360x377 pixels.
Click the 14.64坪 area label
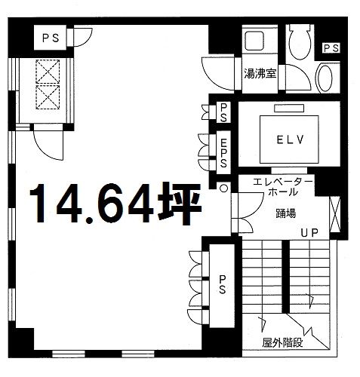click(115, 204)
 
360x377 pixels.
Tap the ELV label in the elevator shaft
click(290, 139)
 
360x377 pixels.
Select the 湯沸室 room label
click(260, 74)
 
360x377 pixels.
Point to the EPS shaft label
click(223, 153)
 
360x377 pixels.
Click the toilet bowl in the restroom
click(300, 41)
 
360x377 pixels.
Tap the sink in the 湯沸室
click(254, 41)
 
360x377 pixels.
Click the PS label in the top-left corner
click(51, 38)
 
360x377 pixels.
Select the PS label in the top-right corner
click(331, 48)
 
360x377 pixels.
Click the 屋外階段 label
click(282, 342)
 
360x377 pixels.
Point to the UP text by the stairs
click(309, 233)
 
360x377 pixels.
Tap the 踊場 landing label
click(286, 213)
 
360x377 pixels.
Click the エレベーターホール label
click(283, 187)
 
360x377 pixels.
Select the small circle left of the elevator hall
click(224, 188)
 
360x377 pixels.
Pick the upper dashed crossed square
click(48, 72)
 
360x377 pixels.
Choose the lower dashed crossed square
click(48, 97)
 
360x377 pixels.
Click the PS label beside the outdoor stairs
click(222, 284)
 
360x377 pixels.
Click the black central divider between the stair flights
click(285, 277)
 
